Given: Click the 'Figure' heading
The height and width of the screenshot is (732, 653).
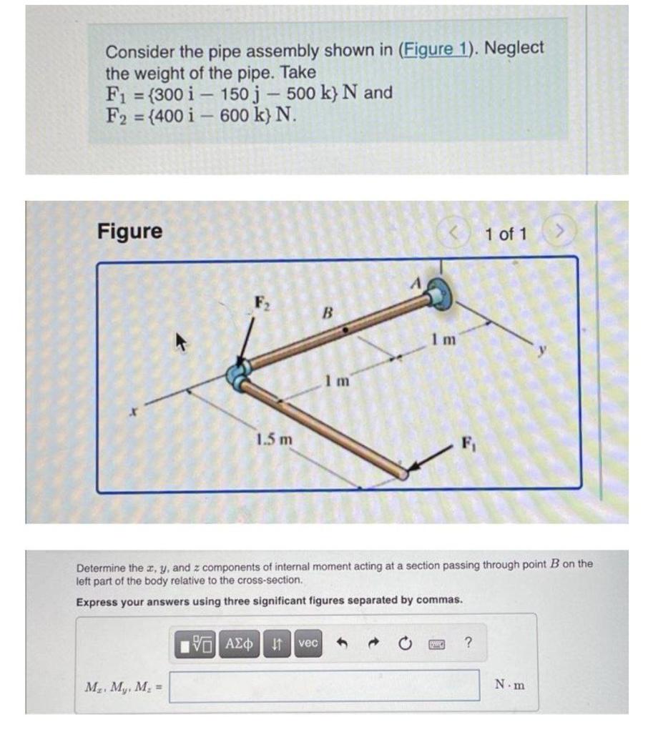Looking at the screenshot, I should [129, 232].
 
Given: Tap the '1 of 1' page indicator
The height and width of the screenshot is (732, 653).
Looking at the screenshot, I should [506, 234].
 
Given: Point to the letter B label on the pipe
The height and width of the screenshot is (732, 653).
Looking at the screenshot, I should [328, 312].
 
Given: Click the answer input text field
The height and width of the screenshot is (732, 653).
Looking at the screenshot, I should [324, 685].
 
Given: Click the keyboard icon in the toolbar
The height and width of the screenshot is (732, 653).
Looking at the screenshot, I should [436, 643].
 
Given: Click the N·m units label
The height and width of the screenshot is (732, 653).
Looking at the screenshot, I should [509, 685].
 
